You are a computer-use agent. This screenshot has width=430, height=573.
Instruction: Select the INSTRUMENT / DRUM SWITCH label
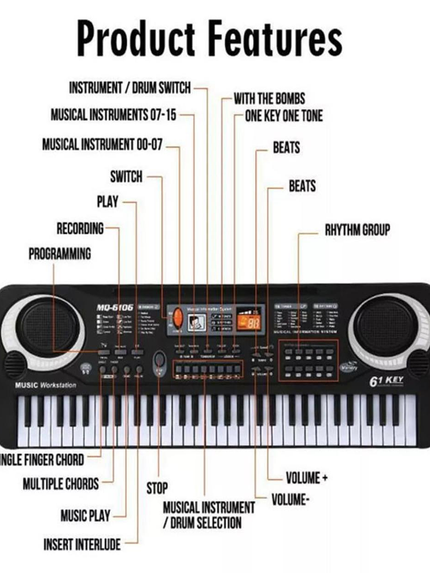point(130,88)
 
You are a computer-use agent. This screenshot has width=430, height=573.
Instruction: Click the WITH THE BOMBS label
point(269,98)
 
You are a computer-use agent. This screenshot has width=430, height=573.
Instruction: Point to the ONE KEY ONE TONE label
point(283,117)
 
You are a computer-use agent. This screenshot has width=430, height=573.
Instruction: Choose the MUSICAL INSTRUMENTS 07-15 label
point(114,115)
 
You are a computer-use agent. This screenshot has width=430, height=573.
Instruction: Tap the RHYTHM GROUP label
point(357,231)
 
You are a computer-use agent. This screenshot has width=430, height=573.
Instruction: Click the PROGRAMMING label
point(59,254)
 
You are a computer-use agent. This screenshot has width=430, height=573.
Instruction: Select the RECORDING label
point(80,229)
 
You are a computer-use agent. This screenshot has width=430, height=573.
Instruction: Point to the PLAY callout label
point(107,202)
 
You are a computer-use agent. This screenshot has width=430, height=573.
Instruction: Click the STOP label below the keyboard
point(157,488)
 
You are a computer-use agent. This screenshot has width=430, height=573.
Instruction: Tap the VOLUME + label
point(306,479)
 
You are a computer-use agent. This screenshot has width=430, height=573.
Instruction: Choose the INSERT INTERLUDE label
point(82,545)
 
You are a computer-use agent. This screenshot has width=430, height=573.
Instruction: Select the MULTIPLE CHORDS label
point(61,484)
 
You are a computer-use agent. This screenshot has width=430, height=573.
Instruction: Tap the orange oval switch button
point(177,318)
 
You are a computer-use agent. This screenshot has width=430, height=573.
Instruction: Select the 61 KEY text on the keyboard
point(386,381)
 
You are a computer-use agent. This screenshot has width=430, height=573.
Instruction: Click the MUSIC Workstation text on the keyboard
point(46,386)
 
